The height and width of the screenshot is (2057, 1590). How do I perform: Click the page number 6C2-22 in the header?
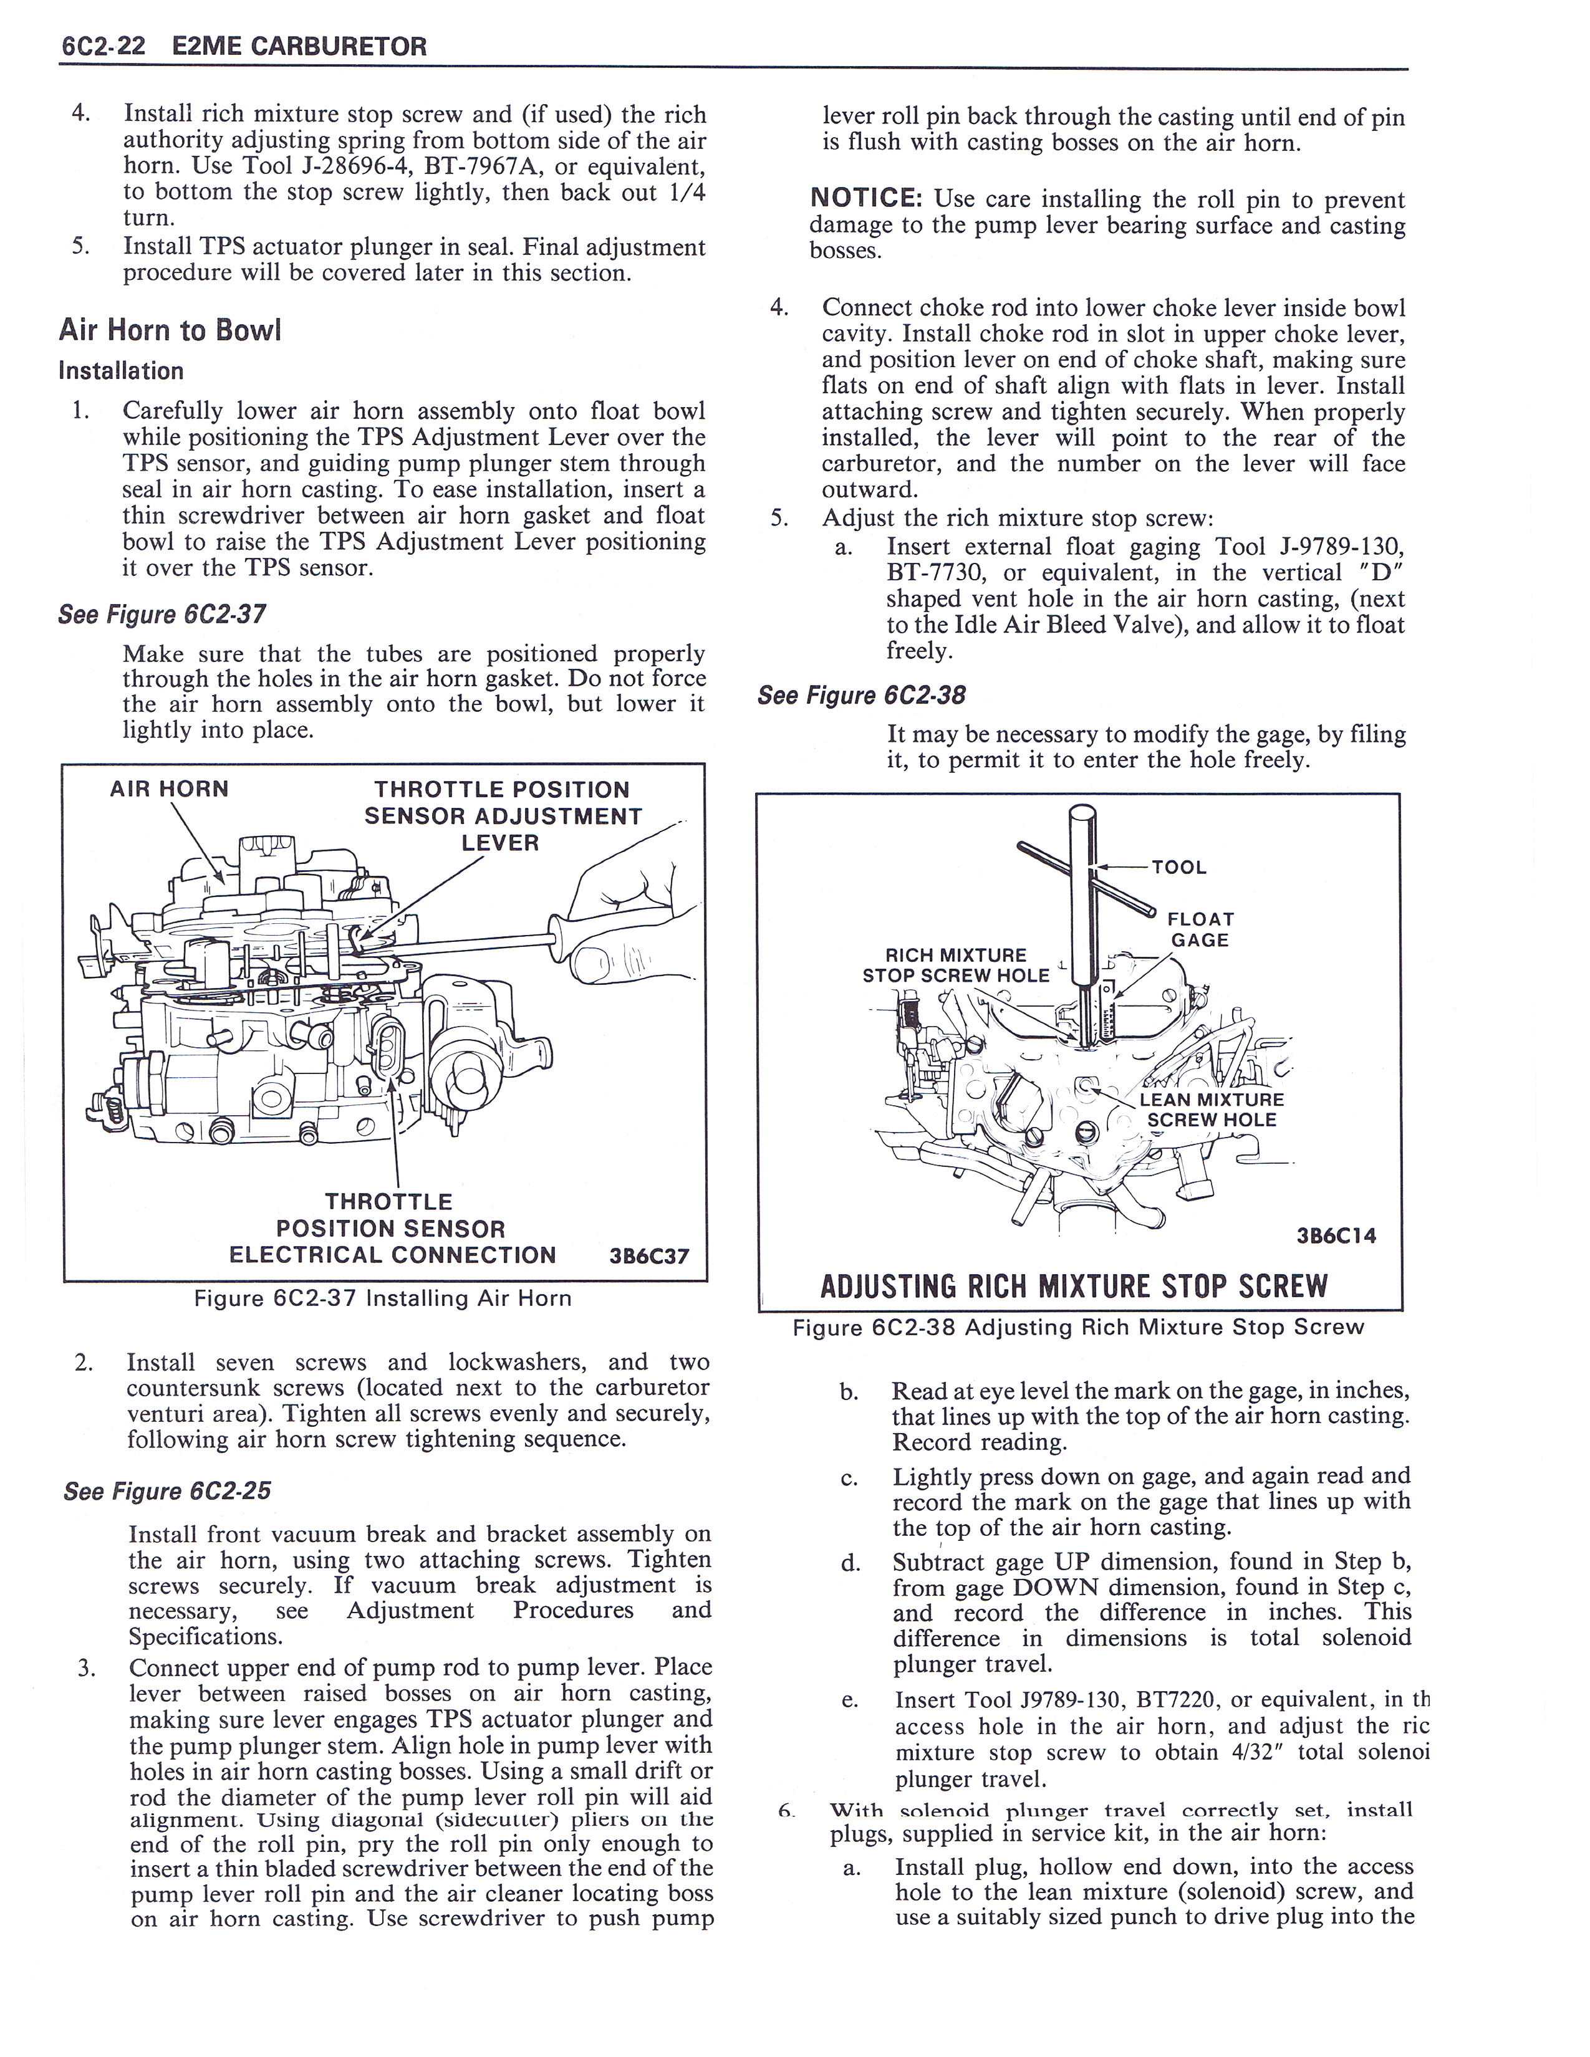(x=102, y=46)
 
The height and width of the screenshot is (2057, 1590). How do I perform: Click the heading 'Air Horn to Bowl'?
(x=170, y=330)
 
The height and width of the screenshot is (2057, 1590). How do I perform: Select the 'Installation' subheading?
(x=120, y=371)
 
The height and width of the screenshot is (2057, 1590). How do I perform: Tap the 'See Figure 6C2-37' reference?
(x=162, y=615)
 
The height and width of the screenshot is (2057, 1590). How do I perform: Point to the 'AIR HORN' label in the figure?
(x=170, y=789)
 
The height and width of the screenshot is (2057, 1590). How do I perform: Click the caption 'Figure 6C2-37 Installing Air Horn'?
(x=382, y=1299)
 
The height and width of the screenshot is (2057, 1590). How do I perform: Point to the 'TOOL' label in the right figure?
(x=1178, y=868)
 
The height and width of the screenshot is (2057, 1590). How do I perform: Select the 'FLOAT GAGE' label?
(x=1200, y=929)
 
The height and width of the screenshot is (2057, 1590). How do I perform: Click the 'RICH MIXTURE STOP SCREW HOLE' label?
(x=955, y=966)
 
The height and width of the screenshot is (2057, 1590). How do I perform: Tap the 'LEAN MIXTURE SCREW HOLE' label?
(x=1212, y=1110)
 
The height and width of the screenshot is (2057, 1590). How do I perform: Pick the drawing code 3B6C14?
(x=1336, y=1235)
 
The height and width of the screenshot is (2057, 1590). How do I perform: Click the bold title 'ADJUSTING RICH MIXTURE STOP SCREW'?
(x=1074, y=1285)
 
